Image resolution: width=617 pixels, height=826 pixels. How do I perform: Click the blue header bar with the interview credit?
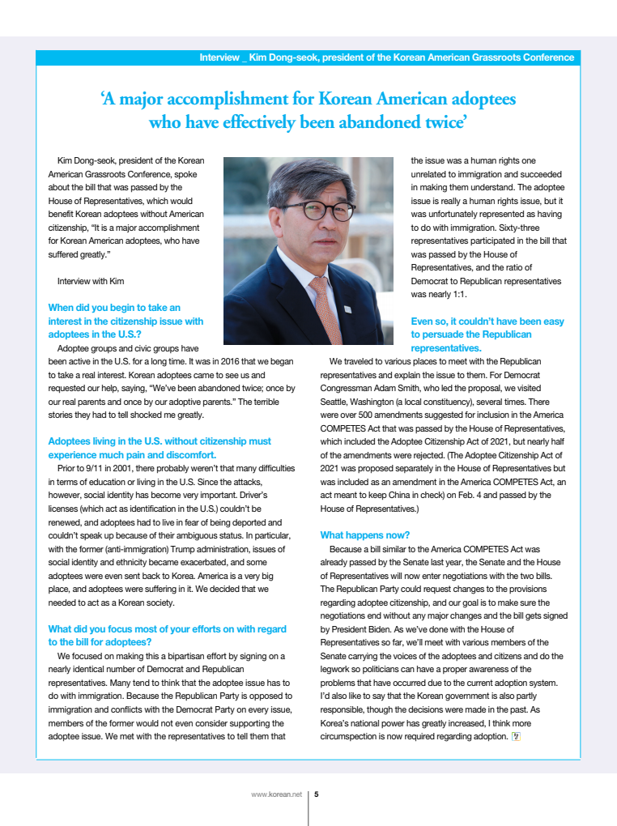[x=308, y=57]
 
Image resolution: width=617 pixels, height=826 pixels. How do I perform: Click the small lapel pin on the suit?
[x=347, y=309]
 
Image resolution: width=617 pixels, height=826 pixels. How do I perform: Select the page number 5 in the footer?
[x=316, y=794]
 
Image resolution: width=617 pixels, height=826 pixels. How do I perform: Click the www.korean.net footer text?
[x=276, y=794]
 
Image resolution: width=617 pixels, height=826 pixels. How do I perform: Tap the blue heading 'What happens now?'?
[x=365, y=535]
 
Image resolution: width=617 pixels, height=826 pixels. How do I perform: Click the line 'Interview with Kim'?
[x=91, y=281]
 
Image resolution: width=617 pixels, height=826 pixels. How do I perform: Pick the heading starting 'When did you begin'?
[x=114, y=308]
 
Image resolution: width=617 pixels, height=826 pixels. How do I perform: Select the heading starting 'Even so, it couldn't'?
[x=487, y=321]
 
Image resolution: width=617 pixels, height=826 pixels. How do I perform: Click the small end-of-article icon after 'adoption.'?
[x=516, y=736]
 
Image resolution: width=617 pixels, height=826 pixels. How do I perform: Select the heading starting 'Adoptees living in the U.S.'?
[x=160, y=441]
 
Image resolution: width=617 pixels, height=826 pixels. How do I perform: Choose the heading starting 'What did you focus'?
[x=167, y=628]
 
